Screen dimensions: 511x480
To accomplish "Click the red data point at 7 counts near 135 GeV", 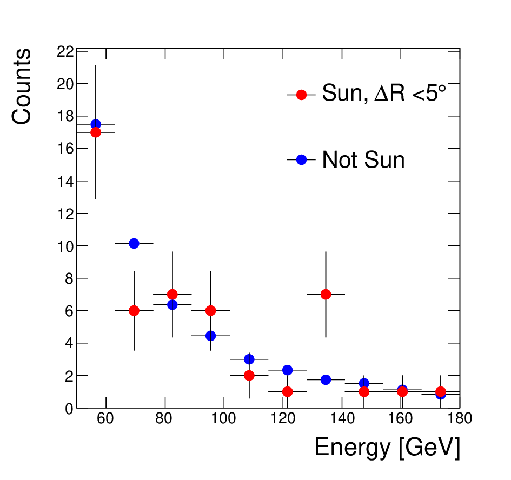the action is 326,295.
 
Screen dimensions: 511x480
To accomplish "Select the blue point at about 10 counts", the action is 134,243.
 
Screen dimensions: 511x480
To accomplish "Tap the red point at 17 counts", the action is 96,132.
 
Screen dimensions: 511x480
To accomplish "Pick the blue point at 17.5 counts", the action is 96,124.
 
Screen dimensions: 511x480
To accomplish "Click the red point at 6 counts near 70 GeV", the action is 134,311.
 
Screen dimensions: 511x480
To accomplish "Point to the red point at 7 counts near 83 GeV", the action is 172,295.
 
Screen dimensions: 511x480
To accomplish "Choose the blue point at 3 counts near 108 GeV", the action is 249,359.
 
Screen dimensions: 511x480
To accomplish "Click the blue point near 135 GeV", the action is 326,379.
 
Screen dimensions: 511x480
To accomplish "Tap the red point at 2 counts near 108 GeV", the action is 249,375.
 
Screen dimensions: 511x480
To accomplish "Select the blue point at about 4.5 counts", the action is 210,336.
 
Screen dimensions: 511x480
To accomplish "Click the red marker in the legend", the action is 301,95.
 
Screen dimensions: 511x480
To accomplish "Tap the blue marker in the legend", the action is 301,159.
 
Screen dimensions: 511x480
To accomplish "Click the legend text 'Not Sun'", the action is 363,159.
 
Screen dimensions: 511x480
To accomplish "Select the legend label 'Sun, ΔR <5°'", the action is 384,93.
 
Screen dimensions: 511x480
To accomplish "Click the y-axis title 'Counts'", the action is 22,86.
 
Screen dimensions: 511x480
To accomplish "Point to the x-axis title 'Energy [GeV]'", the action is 387,448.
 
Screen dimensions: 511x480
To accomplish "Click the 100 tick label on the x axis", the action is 223,418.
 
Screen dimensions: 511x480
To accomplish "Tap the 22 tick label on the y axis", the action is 65,51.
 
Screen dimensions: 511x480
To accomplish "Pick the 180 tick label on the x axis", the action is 460,418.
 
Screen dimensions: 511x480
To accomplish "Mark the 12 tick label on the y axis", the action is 65,214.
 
